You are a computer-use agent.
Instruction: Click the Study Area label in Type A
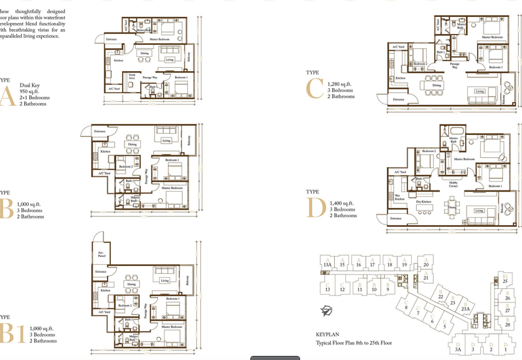pyautogui.click(x=132, y=77)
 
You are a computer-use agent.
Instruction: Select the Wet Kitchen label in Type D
pyautogui.click(x=397, y=196)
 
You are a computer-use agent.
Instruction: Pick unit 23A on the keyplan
pyautogui.click(x=465, y=308)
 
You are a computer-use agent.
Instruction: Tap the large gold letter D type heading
pyautogui.click(x=315, y=208)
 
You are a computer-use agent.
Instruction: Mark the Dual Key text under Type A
pyautogui.click(x=30, y=85)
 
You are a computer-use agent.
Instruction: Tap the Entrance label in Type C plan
pyautogui.click(x=397, y=98)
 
